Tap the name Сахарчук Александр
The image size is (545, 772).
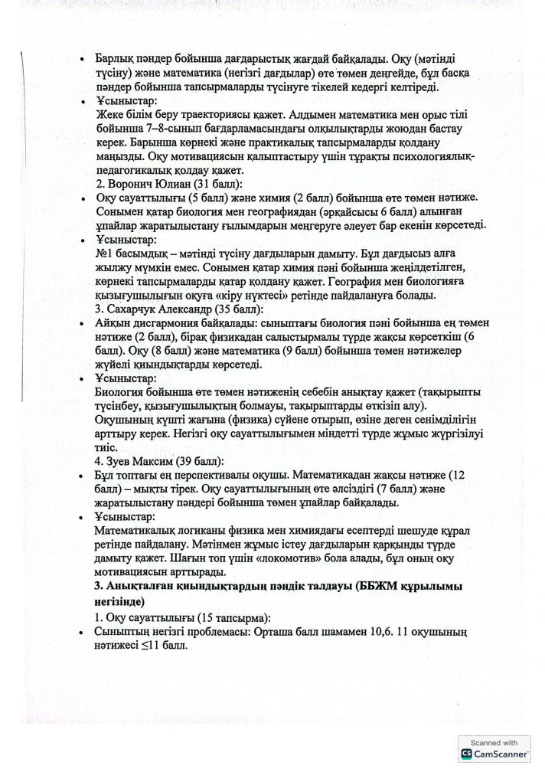click(x=164, y=309)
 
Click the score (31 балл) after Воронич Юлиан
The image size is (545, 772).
click(x=219, y=185)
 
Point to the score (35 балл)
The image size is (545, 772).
click(x=245, y=309)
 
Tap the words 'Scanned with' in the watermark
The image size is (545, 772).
click(x=493, y=742)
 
